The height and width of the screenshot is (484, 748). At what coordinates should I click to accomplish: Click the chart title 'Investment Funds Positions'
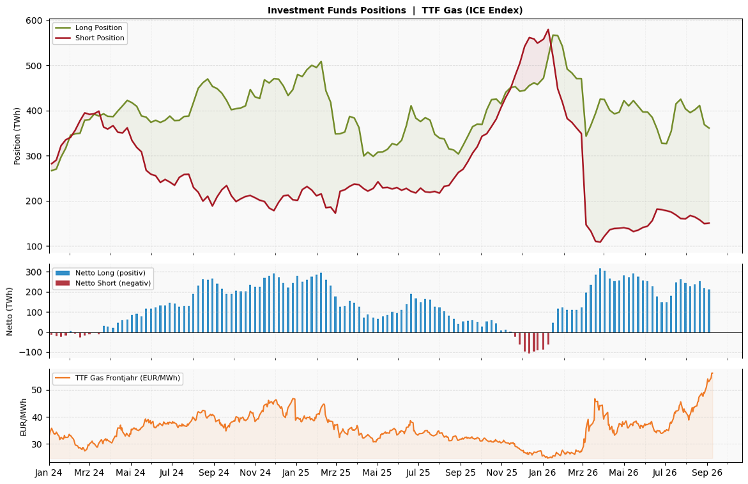tap(337, 10)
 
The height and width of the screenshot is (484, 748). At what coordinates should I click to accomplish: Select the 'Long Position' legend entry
tap(89, 27)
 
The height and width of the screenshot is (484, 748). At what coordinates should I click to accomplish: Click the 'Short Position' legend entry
tap(89, 38)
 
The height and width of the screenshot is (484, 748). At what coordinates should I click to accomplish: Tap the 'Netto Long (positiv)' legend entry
tap(101, 273)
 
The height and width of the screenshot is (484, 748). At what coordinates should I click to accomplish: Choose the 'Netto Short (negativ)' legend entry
tap(103, 283)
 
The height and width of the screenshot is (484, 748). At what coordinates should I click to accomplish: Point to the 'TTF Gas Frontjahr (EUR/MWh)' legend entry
tap(118, 378)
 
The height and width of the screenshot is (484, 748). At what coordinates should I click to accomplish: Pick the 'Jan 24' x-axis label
tap(49, 473)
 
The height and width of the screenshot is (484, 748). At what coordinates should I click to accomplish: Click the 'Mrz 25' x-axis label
tap(335, 473)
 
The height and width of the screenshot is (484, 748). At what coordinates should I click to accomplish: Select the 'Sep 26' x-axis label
tap(707, 473)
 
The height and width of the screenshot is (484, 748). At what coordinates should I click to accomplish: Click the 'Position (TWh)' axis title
tap(17, 136)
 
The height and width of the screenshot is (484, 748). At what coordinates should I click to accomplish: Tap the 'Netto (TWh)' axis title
tap(10, 311)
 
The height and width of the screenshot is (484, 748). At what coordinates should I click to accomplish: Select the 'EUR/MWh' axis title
tap(23, 417)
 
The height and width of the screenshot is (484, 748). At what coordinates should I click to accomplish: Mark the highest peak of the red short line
tap(547, 29)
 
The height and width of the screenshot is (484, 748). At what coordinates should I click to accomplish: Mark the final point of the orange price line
tap(712, 373)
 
